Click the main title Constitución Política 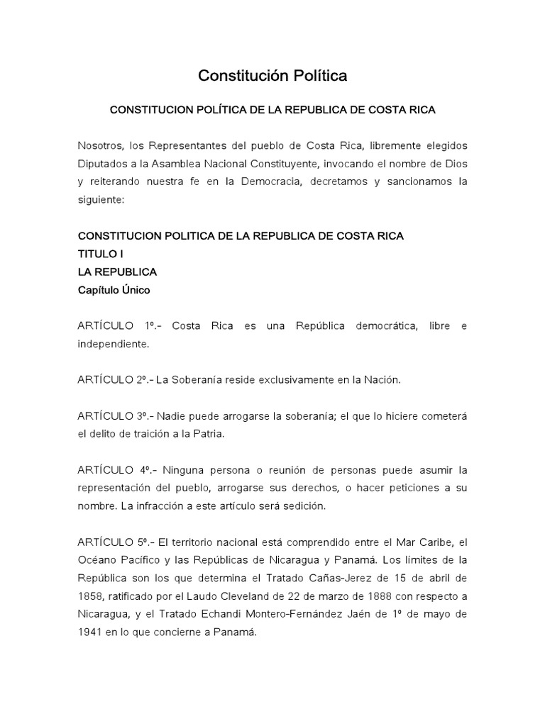pos(272,75)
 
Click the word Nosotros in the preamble pos(99,145)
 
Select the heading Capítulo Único pos(114,290)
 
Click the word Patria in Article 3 pos(208,434)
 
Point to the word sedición pos(303,506)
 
